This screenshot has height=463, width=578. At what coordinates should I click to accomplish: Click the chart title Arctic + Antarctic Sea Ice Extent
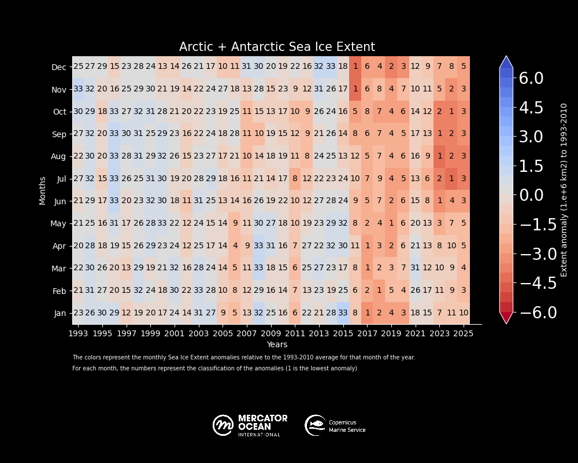277,47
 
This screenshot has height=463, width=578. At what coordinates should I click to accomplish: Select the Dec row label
59,67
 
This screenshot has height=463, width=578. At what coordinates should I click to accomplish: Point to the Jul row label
61,179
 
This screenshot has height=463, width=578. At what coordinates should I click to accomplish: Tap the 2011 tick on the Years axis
295,334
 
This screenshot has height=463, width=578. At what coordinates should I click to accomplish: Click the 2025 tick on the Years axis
464,334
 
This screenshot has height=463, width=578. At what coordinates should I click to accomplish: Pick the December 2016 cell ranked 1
355,67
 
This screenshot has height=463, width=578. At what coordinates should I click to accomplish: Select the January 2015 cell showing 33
343,313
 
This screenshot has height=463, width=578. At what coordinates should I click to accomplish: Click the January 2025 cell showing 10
464,313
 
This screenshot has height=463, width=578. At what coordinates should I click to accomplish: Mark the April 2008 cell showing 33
259,245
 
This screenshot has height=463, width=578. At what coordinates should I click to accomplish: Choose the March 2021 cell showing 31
415,268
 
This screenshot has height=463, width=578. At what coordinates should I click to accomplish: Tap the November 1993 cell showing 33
78,89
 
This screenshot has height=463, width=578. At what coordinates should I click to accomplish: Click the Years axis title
277,345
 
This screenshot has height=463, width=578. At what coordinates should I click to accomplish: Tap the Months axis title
42,190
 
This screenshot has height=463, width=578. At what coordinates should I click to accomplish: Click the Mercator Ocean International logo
250,425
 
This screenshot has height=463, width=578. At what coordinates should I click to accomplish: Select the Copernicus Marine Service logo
335,425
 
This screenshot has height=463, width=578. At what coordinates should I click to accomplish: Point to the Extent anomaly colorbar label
564,190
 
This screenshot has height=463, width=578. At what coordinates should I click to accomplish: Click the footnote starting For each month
214,369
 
